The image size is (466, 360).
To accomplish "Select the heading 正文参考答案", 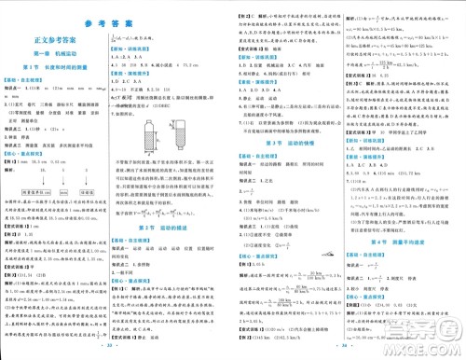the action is click(62, 41).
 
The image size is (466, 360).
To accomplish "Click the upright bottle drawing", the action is click(147, 121).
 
